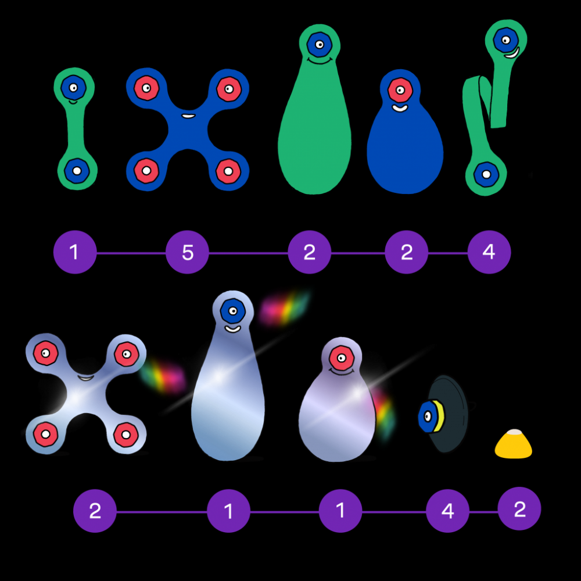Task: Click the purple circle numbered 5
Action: [x=187, y=253]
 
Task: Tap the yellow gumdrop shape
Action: [x=514, y=445]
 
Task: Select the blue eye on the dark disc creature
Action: [x=428, y=416]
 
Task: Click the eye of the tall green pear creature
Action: [x=318, y=42]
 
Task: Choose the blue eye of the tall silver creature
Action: [x=232, y=310]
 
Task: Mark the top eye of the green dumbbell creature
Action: [x=73, y=88]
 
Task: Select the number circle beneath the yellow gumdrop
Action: [x=519, y=509]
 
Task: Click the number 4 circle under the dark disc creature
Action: [x=447, y=511]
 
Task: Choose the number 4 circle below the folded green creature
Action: [x=489, y=252]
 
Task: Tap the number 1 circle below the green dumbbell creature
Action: [x=74, y=252]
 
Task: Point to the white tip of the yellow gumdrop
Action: [x=514, y=433]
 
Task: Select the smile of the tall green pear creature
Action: [x=318, y=60]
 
